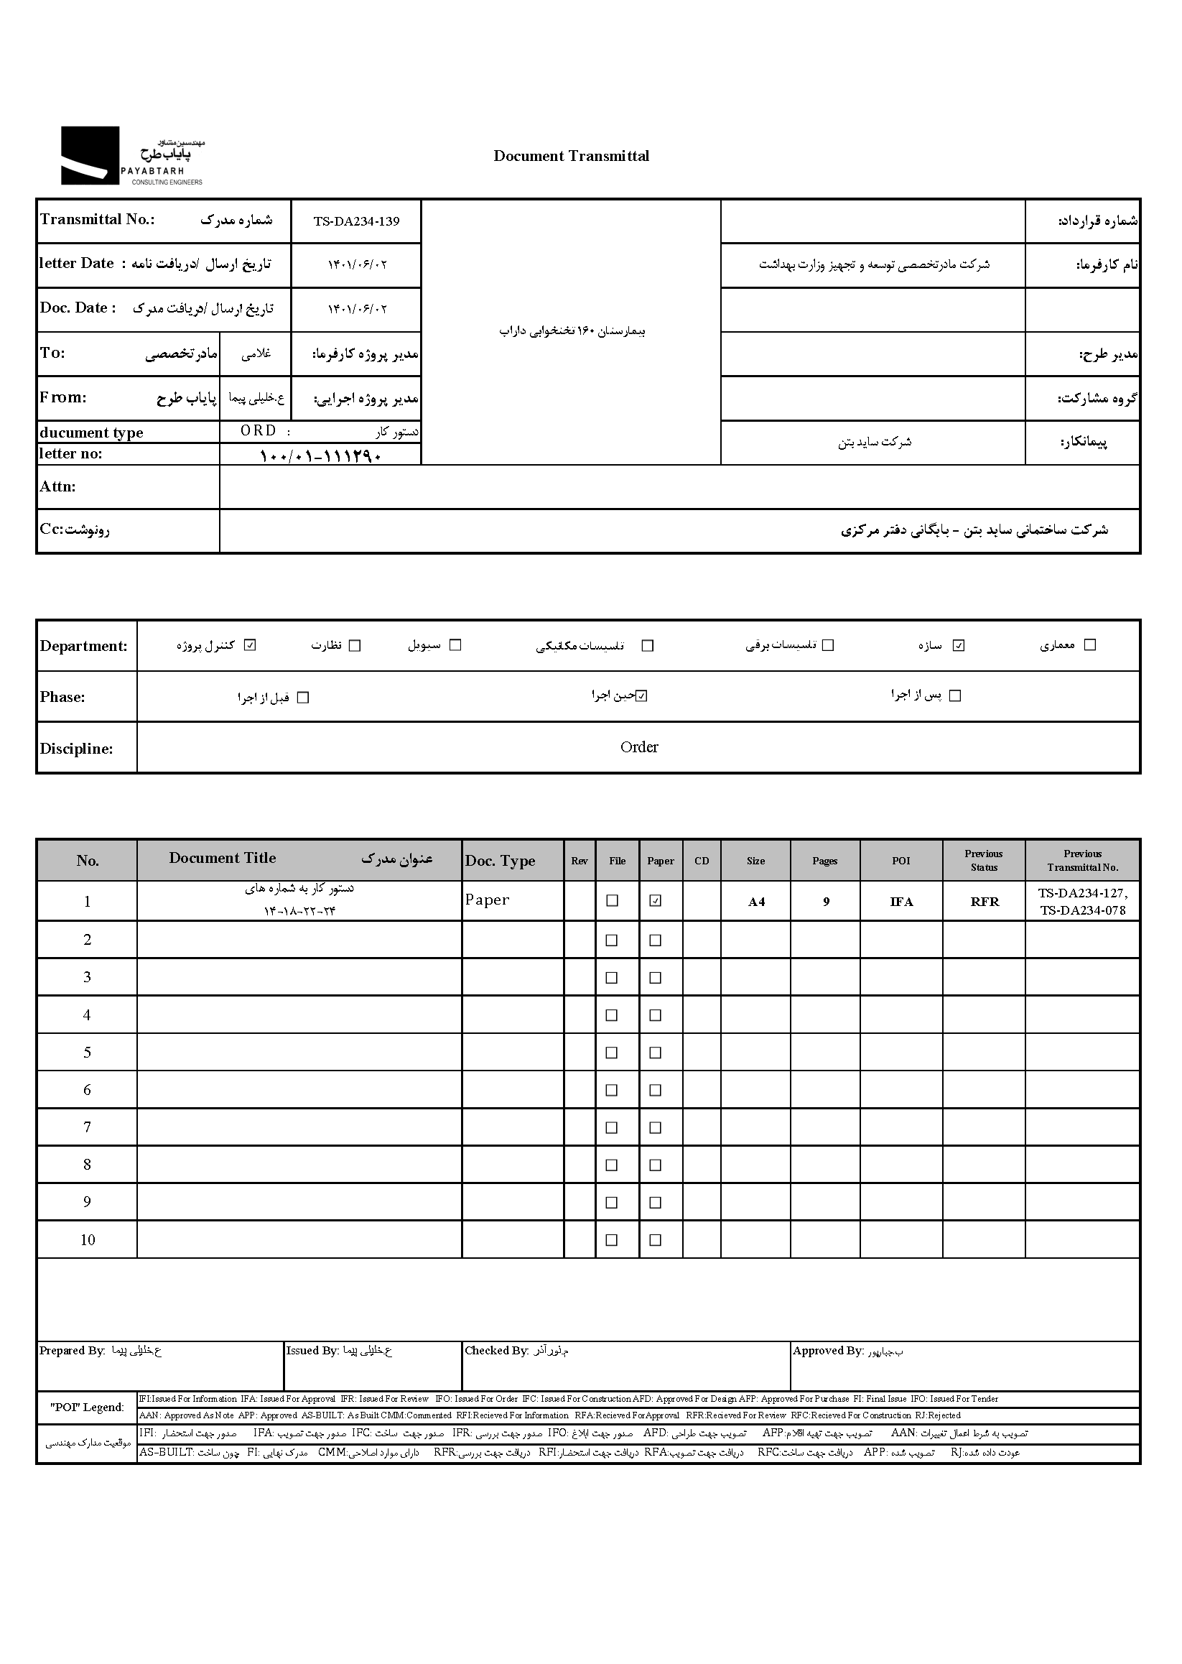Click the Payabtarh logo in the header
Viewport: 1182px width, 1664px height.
coord(131,156)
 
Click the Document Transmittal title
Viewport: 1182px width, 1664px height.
coord(571,156)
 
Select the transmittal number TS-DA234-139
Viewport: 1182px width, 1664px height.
coord(356,221)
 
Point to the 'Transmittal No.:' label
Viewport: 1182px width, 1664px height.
coord(97,220)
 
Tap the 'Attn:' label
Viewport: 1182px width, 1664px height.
coord(57,487)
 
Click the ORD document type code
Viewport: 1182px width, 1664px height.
coord(259,431)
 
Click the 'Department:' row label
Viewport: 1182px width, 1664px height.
coord(83,646)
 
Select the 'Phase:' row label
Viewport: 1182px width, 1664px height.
coord(62,697)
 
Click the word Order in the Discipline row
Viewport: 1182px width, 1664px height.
coord(638,747)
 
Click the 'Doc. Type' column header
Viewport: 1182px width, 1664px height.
coord(500,861)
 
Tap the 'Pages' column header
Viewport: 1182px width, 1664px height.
coord(824,861)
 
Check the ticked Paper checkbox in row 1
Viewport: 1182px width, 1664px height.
coord(655,901)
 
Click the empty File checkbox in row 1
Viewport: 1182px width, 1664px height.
coord(612,901)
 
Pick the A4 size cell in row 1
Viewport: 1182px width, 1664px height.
coord(756,902)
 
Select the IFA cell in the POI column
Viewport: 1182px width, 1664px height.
coord(901,902)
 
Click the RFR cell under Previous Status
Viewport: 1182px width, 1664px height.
coord(984,902)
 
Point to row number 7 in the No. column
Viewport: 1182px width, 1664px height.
coord(87,1127)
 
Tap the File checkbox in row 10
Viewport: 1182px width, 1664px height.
coord(611,1239)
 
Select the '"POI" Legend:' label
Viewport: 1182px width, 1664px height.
coord(87,1407)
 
